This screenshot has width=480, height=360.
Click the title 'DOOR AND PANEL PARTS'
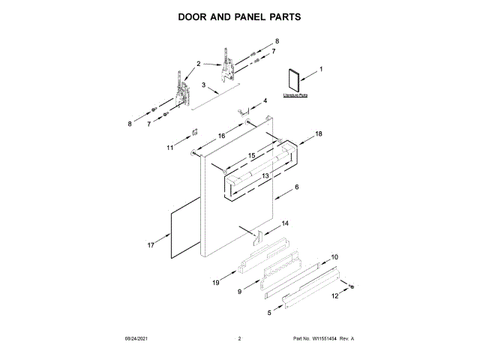pyautogui.click(x=239, y=16)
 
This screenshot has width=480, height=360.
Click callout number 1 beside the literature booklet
pyautogui.click(x=321, y=70)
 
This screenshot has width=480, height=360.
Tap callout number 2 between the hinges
pyautogui.click(x=199, y=64)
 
